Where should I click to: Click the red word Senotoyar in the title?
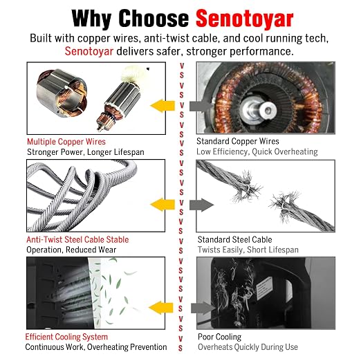(244, 19)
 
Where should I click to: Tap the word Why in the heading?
(92, 19)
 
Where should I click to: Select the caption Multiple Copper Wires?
(66, 142)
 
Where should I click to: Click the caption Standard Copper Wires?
(238, 141)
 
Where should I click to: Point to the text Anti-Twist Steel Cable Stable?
(77, 239)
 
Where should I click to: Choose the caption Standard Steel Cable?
(234, 239)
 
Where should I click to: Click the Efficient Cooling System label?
(66, 337)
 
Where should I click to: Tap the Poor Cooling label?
(219, 337)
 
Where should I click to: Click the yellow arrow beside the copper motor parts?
(163, 106)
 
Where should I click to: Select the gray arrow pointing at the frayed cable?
(202, 205)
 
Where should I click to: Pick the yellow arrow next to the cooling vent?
(161, 308)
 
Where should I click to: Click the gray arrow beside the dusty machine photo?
(203, 308)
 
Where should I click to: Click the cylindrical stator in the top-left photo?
(62, 93)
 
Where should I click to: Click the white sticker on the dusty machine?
(264, 288)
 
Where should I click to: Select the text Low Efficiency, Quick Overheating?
(257, 151)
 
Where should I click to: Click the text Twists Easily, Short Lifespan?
(248, 250)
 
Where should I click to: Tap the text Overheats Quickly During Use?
(248, 347)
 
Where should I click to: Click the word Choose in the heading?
(154, 19)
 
